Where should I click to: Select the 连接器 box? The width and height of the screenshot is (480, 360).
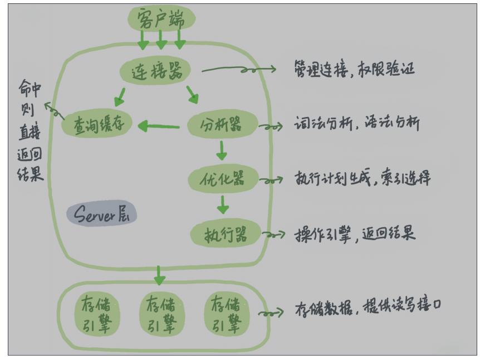[x=155, y=71]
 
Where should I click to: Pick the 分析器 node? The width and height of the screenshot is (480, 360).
[x=222, y=125]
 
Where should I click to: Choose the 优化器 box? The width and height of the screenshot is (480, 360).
[x=223, y=179]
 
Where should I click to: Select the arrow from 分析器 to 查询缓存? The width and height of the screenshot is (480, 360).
[x=159, y=127]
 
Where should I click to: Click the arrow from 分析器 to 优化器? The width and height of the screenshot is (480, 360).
[x=222, y=150]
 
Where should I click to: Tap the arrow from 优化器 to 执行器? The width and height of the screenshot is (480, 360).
[x=223, y=204]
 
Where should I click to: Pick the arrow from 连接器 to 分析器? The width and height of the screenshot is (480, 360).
[x=192, y=95]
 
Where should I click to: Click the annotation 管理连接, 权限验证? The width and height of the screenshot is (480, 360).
[x=354, y=70]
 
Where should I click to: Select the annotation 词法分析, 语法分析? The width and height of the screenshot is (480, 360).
[x=356, y=124]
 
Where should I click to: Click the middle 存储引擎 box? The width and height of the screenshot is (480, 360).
[x=161, y=314]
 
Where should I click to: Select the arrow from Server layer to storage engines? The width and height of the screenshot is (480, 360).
[x=160, y=274]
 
